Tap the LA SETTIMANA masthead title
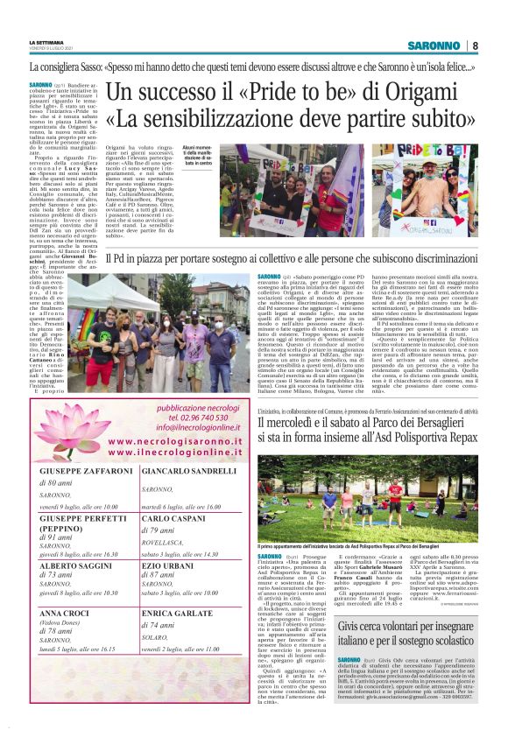click(x=47, y=41)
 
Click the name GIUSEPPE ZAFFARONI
click(x=77, y=471)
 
